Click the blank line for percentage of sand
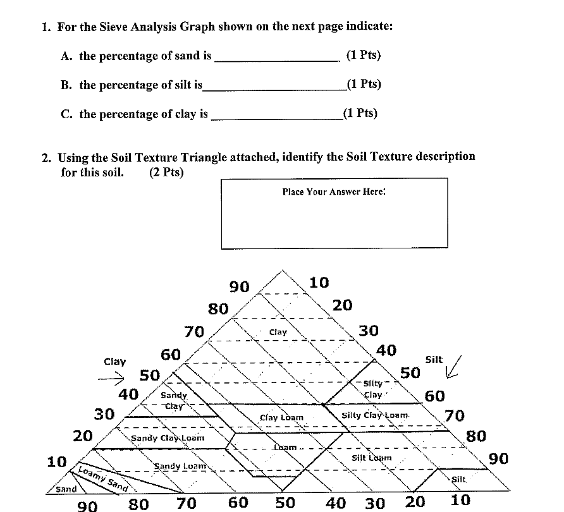tap(277, 60)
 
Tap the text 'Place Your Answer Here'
tap(333, 192)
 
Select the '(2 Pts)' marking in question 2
tap(167, 172)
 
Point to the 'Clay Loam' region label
tap(282, 418)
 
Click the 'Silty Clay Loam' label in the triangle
tap(375, 415)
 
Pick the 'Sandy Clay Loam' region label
tap(168, 437)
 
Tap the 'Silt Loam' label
tap(371, 457)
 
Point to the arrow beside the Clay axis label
tap(114, 379)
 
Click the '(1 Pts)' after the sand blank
tap(364, 55)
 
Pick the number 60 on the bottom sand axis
tap(238, 503)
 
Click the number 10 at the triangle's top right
tap(319, 283)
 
